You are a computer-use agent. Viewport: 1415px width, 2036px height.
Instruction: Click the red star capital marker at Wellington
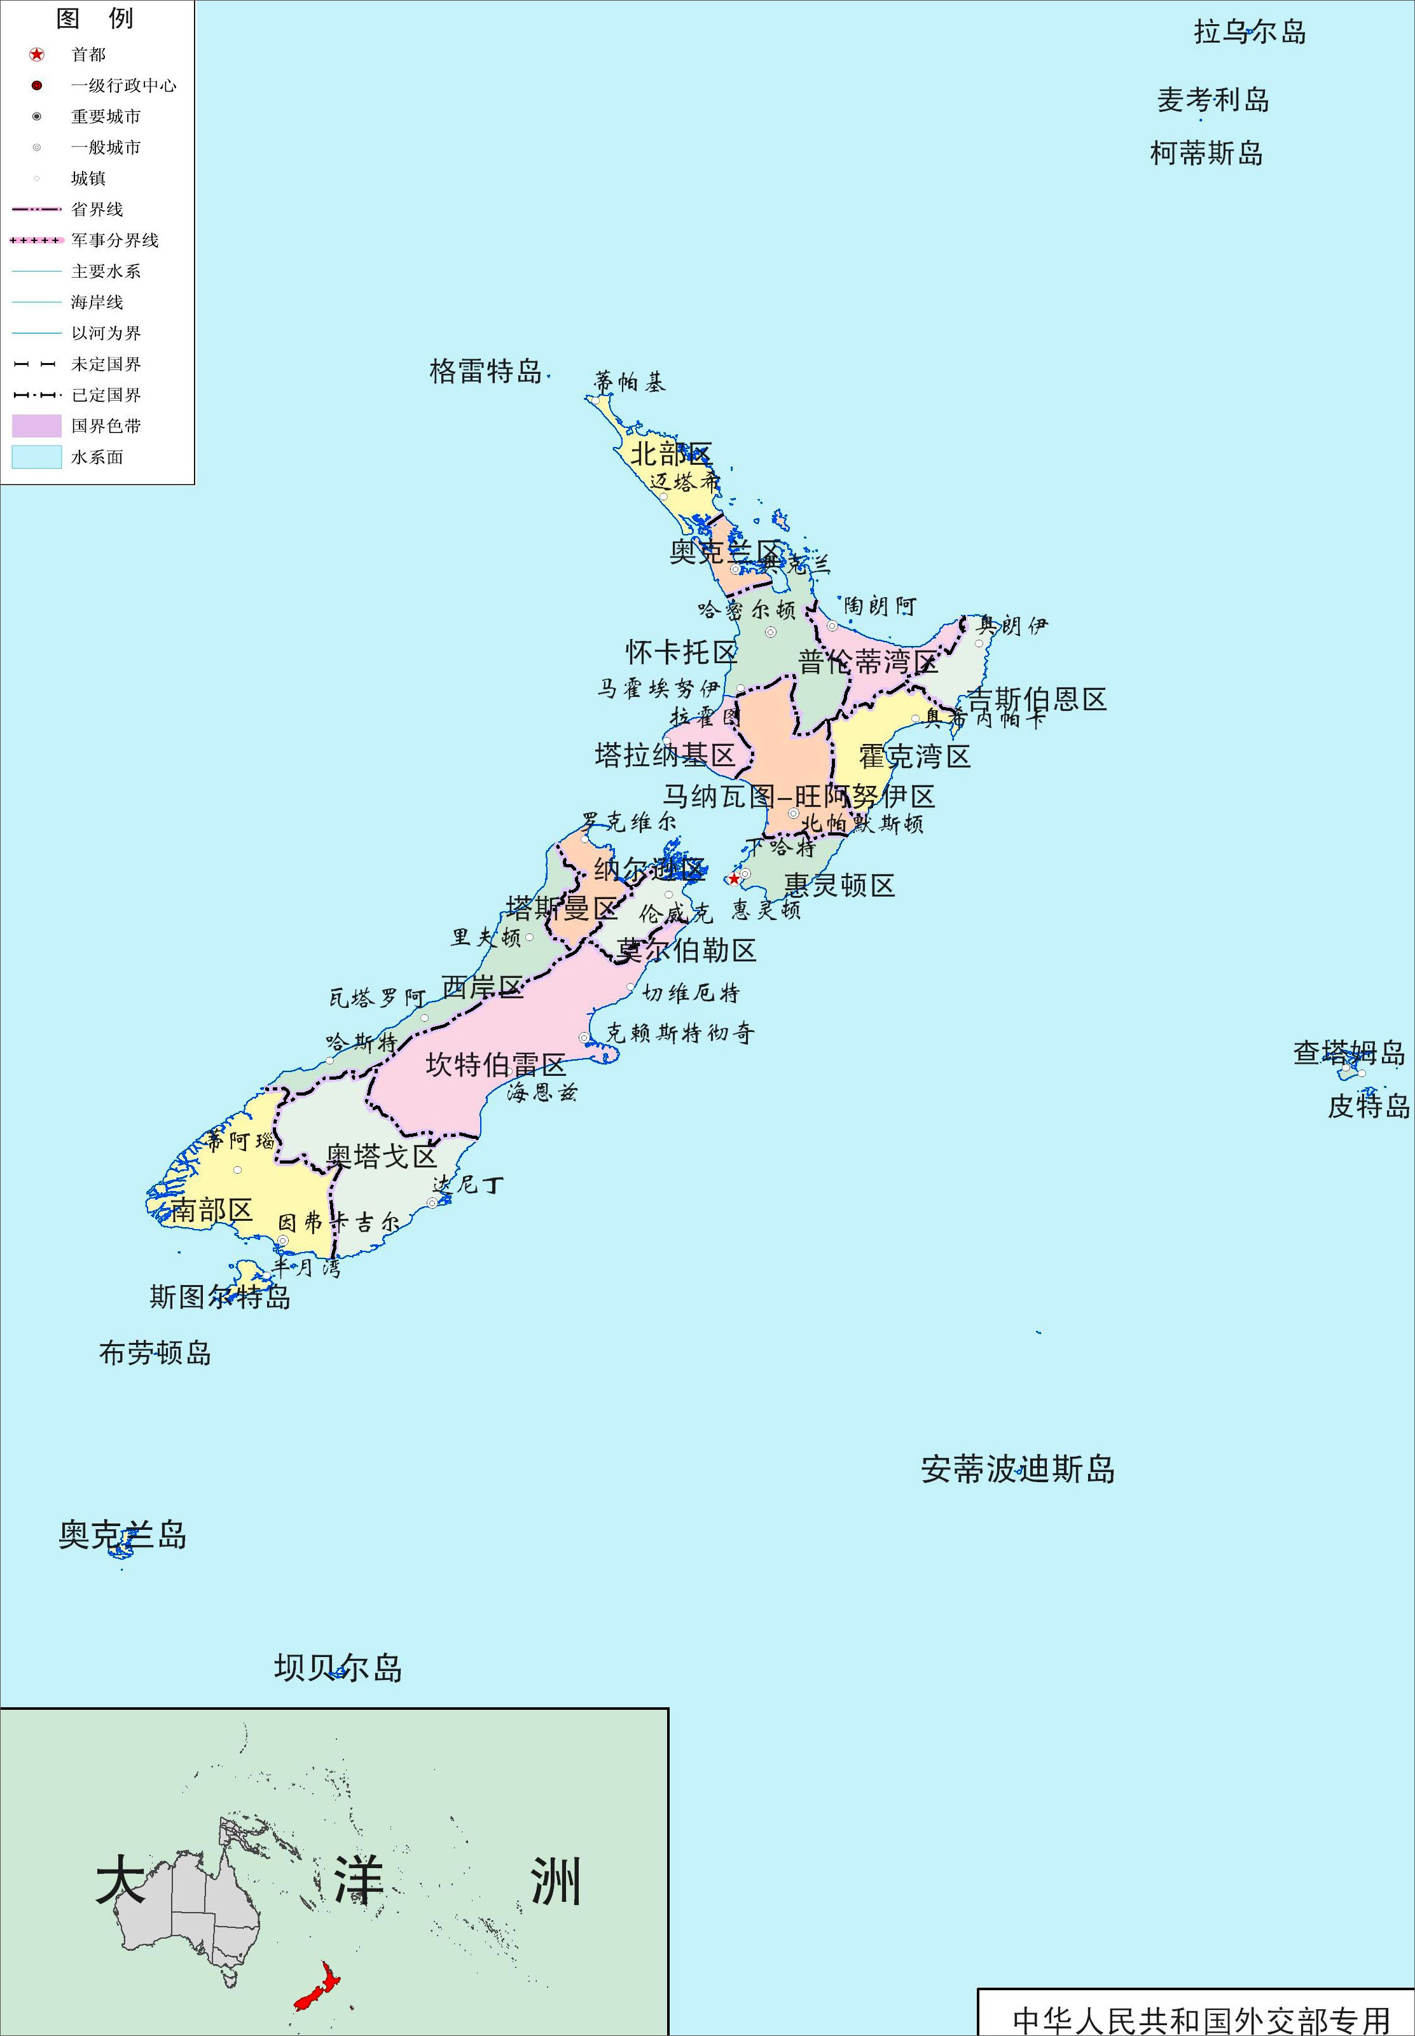pyautogui.click(x=734, y=878)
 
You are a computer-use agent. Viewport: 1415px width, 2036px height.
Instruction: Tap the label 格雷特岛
pyautogui.click(x=485, y=371)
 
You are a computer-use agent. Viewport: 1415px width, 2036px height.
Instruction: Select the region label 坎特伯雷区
pyautogui.click(x=495, y=1064)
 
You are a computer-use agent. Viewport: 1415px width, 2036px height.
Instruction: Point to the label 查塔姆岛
pyautogui.click(x=1348, y=1052)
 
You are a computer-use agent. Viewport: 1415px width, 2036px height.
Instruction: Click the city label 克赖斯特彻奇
pyautogui.click(x=680, y=1033)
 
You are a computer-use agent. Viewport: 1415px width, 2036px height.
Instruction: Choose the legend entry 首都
pyautogui.click(x=88, y=55)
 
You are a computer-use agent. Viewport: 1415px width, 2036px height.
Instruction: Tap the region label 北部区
pyautogui.click(x=670, y=454)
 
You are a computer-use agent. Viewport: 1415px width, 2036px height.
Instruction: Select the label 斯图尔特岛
pyautogui.click(x=220, y=1297)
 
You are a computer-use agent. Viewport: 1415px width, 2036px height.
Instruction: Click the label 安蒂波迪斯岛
pyautogui.click(x=1018, y=1469)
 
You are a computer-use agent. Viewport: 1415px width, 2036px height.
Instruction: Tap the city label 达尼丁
pyautogui.click(x=468, y=1184)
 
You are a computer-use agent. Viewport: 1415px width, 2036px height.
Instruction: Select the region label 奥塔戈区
pyautogui.click(x=382, y=1155)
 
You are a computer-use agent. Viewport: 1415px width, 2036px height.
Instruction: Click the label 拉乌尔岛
pyautogui.click(x=1249, y=32)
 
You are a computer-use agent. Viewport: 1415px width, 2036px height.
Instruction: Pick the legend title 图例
pyautogui.click(x=95, y=18)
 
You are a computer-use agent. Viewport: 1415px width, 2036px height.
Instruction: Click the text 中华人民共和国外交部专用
pyautogui.click(x=1201, y=2020)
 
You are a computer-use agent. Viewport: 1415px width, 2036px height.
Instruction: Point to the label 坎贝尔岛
pyautogui.click(x=338, y=1667)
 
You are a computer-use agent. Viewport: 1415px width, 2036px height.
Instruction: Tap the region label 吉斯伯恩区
pyautogui.click(x=1037, y=699)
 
